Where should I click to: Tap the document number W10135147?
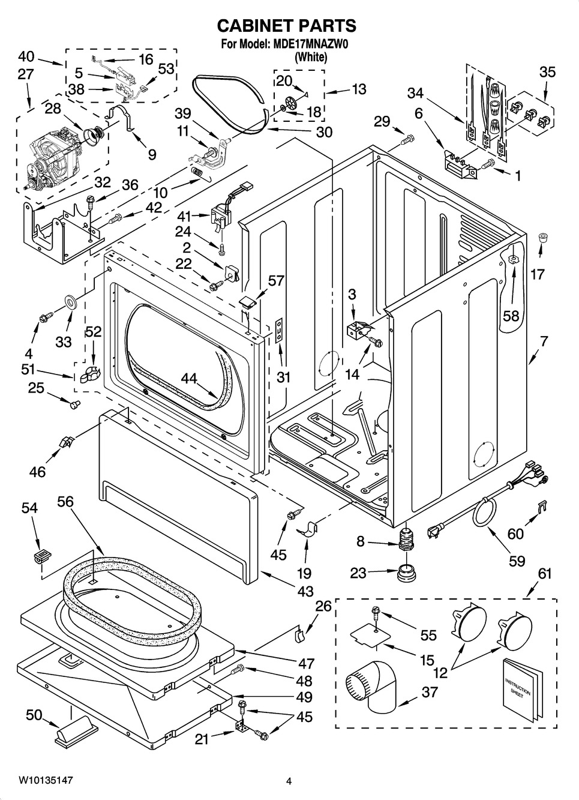click(46, 780)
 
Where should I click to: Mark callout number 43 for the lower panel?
click(305, 591)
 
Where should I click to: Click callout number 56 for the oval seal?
click(65, 501)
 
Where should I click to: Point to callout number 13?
click(358, 89)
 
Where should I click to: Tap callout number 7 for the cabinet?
click(544, 341)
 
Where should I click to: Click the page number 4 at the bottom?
click(289, 781)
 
